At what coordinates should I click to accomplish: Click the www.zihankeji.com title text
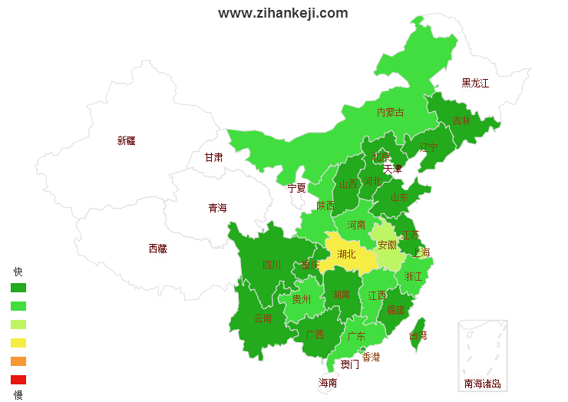point(282,13)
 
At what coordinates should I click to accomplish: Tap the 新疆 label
point(126,140)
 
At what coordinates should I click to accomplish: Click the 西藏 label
point(157,249)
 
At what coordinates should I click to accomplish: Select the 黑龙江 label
point(474,83)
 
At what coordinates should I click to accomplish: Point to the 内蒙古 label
point(390,112)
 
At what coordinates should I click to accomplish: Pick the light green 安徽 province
point(388,245)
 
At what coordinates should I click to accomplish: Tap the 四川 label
point(272,265)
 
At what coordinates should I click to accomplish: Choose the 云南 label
point(263,318)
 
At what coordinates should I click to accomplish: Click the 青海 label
point(217,208)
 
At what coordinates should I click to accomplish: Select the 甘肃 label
point(213,157)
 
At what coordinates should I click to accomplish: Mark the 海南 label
point(328,383)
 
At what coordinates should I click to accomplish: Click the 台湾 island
point(418,335)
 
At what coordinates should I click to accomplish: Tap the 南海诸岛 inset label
point(482,384)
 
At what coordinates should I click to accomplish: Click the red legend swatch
point(18,380)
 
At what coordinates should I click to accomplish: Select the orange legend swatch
point(18,361)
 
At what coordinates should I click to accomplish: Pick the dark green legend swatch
point(18,288)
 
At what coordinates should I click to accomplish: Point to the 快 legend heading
point(18,272)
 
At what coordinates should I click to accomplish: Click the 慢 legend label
point(18,395)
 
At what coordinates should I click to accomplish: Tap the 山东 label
point(399,197)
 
